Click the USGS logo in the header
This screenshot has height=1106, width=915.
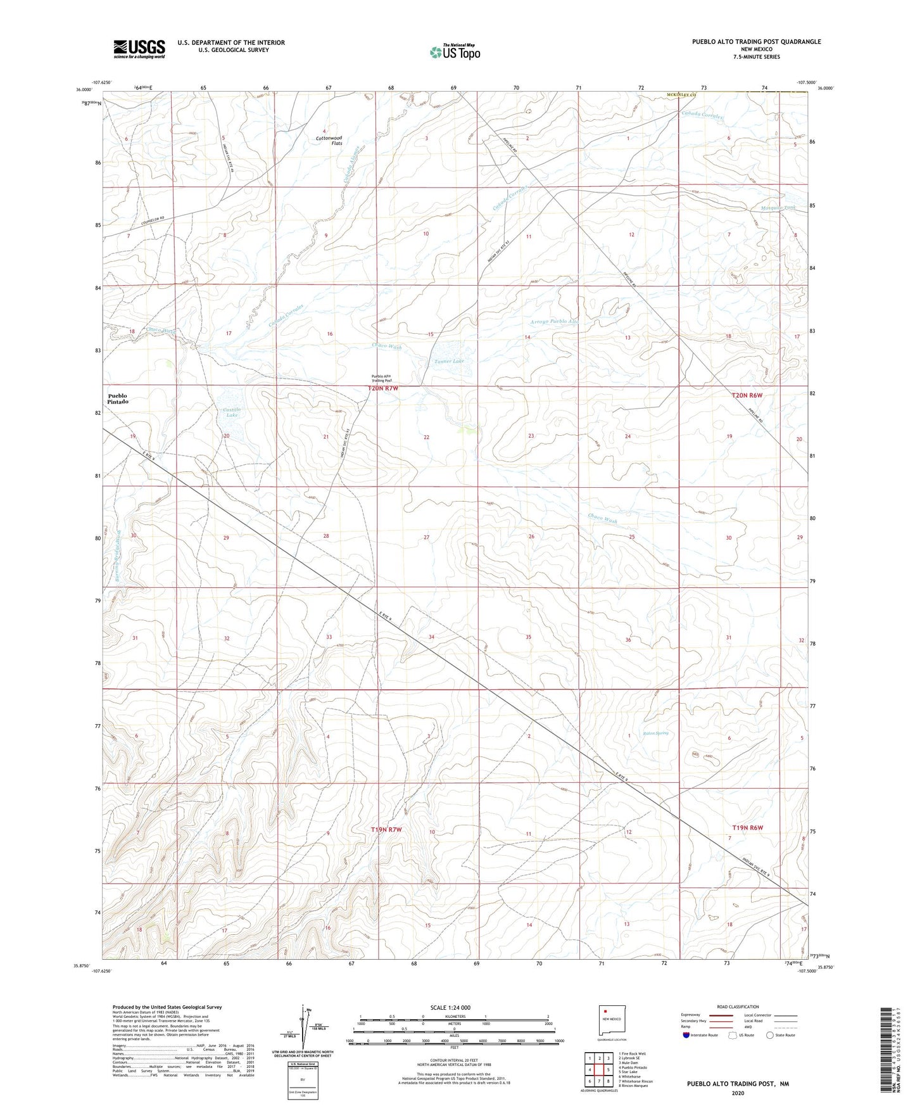click(x=139, y=49)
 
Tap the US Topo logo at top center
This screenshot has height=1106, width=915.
click(x=454, y=51)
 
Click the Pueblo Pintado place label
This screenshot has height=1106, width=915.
click(x=117, y=399)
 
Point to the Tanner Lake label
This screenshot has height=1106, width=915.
click(x=449, y=361)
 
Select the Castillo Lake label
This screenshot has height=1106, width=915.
click(x=230, y=412)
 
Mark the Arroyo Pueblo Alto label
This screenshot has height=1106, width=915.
click(x=554, y=322)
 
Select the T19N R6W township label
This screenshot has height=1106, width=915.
click(x=748, y=828)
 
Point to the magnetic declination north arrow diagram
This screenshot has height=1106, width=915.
click(x=307, y=1033)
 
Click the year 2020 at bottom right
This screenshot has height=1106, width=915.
click(x=738, y=1093)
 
